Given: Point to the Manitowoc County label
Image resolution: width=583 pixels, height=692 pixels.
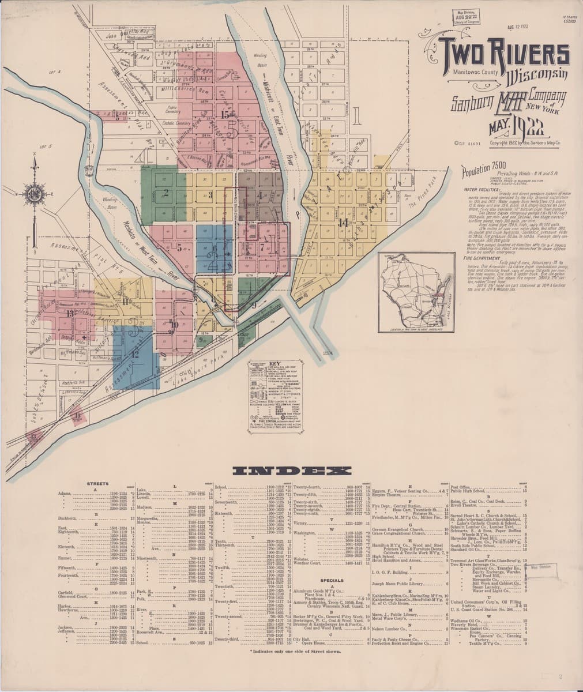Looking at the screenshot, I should click(x=462, y=73).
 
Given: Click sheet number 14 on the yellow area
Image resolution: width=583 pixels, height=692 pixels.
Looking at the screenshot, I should click(x=344, y=222).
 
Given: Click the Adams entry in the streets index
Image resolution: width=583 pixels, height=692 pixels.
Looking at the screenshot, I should click(x=64, y=494).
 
